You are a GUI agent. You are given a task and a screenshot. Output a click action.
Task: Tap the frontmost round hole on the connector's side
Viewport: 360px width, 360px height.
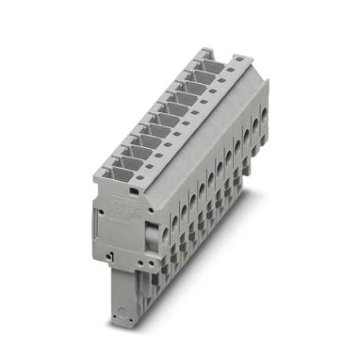click(166, 234)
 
